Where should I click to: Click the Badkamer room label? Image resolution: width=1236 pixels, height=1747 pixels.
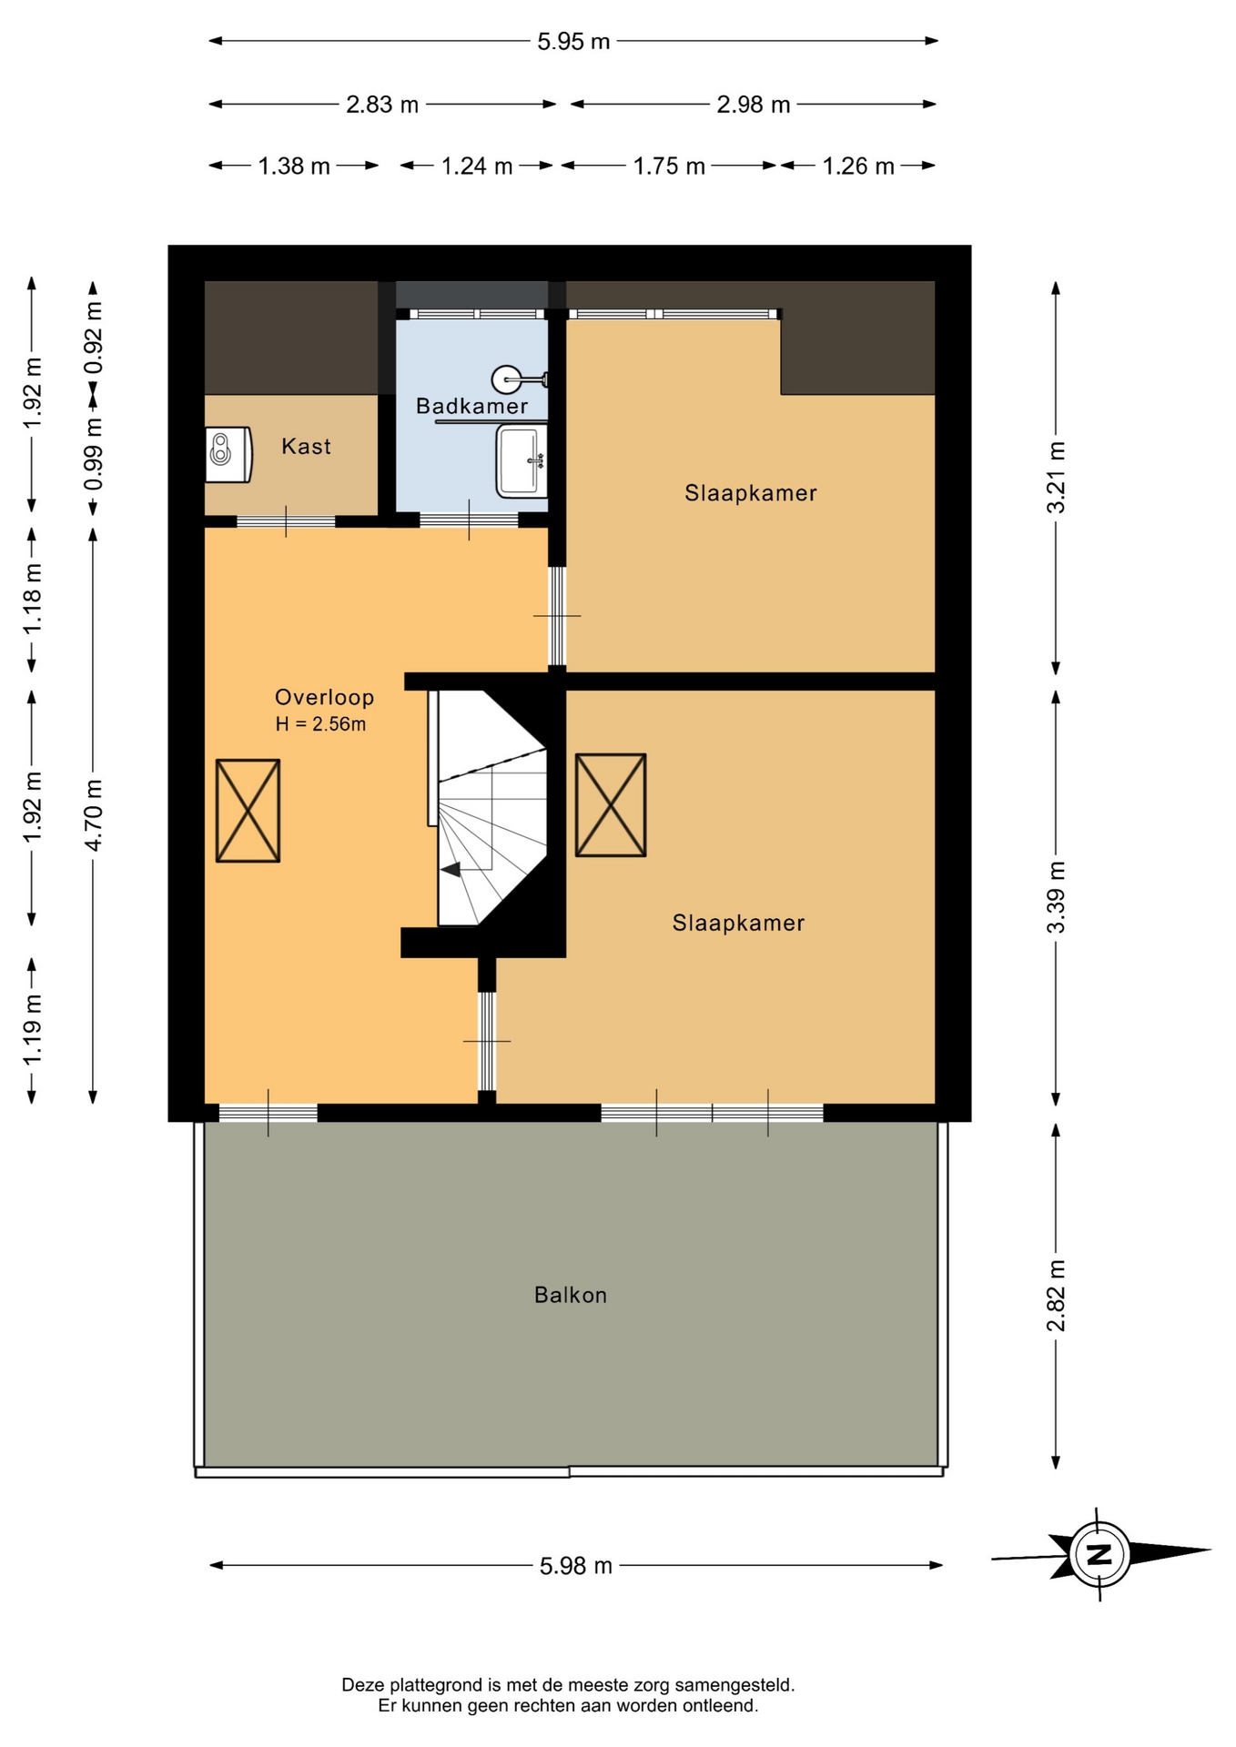pyautogui.click(x=471, y=406)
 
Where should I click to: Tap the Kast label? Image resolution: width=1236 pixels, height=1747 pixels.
pyautogui.click(x=306, y=446)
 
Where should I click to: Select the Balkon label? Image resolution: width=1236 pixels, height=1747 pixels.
pyautogui.click(x=571, y=1295)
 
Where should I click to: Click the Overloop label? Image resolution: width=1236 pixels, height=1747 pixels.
pyautogui.click(x=325, y=698)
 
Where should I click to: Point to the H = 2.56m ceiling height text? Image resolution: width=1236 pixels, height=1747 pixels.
pyautogui.click(x=320, y=724)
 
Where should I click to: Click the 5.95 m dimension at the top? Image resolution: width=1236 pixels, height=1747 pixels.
pyautogui.click(x=573, y=42)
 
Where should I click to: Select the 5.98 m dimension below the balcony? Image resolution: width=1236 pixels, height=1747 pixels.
pyautogui.click(x=576, y=1566)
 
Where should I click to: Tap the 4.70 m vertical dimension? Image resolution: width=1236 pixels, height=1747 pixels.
pyautogui.click(x=94, y=814)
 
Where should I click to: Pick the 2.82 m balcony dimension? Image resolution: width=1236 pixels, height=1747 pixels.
pyautogui.click(x=1056, y=1296)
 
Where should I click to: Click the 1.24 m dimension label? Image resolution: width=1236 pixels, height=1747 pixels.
pyautogui.click(x=477, y=167)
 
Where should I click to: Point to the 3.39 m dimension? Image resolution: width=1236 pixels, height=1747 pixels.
pyautogui.click(x=1056, y=897)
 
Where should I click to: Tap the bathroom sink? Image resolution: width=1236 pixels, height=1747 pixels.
pyautogui.click(x=522, y=461)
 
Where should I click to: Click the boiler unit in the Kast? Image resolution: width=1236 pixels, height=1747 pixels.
pyautogui.click(x=228, y=454)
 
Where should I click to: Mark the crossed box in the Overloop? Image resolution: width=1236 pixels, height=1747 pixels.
pyautogui.click(x=248, y=811)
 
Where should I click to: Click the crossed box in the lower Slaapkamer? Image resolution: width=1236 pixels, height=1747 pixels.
pyautogui.click(x=611, y=805)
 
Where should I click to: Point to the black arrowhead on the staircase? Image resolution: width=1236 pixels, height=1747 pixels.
pyautogui.click(x=451, y=870)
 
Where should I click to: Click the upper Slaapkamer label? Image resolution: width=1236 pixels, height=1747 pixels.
pyautogui.click(x=751, y=493)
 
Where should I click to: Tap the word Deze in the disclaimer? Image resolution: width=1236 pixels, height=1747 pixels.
pyautogui.click(x=363, y=1685)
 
